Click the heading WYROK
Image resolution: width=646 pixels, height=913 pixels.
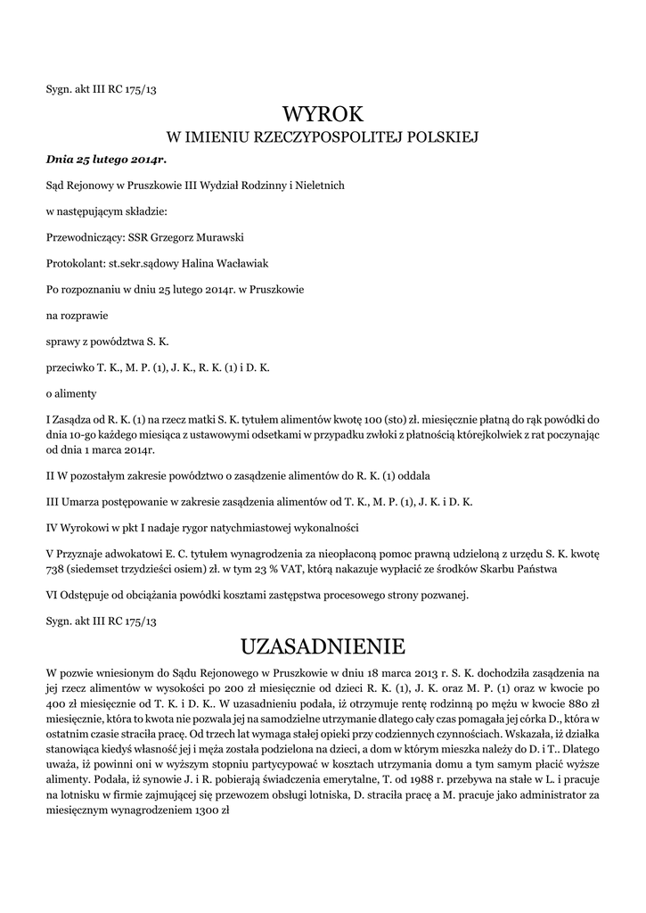point(323,113)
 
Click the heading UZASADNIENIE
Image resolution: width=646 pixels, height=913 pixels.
point(323,645)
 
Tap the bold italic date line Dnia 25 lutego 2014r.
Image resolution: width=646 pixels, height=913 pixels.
point(106,160)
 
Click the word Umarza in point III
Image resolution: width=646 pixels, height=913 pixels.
point(82,501)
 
